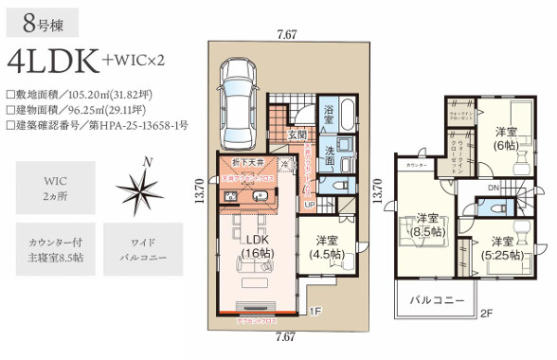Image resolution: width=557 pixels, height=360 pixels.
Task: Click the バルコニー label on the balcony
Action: tap(437, 300)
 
